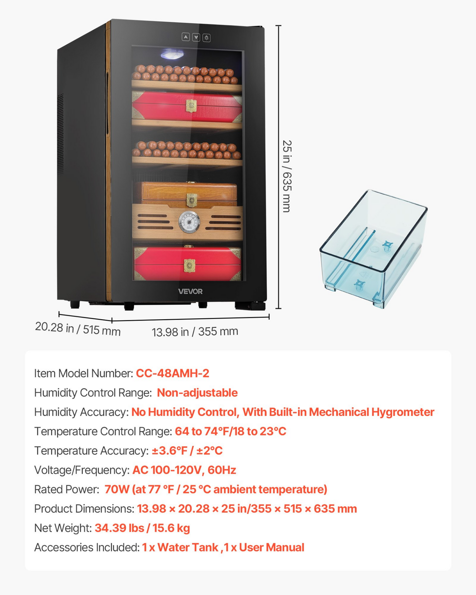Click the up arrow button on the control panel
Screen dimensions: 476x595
[186, 37]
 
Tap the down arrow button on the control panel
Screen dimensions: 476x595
[196, 37]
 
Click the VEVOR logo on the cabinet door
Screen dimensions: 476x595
[190, 291]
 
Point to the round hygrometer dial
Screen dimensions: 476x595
[189, 222]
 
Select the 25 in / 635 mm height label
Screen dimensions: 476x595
[287, 176]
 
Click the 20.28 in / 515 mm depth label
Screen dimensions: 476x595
[78, 329]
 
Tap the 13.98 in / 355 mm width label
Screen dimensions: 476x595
[195, 331]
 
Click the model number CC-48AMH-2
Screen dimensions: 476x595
[173, 373]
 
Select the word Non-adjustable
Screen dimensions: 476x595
[197, 393]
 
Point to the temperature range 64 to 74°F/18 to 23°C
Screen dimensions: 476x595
[231, 431]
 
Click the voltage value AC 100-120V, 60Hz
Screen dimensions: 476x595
[184, 470]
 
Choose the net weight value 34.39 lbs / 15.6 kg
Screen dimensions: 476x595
[142, 528]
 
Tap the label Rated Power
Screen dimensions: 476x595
[67, 490]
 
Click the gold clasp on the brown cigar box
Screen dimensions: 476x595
[192, 199]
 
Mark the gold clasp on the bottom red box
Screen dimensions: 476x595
[189, 265]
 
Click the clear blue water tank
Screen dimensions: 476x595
[374, 249]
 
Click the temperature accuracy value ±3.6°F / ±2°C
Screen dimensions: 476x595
[187, 451]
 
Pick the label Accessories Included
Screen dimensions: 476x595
[87, 548]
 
